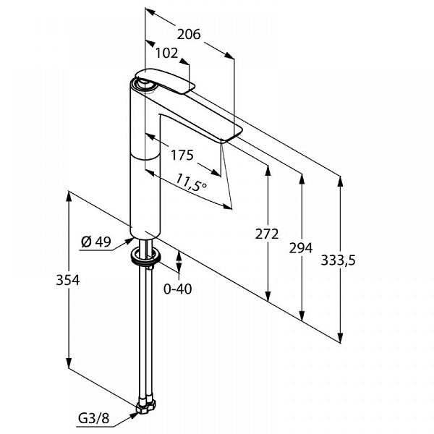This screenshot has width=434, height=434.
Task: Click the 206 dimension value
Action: click(189, 34)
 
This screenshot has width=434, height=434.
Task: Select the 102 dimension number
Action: click(166, 53)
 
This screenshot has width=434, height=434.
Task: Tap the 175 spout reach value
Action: click(182, 155)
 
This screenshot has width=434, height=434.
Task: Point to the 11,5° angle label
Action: click(191, 182)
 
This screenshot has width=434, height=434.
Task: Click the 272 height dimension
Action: click(266, 234)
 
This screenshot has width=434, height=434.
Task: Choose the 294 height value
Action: click(301, 247)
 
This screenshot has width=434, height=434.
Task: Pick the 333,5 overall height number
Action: click(338, 260)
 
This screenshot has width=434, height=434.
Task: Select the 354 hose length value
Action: click(68, 279)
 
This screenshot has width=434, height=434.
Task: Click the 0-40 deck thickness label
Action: click(178, 289)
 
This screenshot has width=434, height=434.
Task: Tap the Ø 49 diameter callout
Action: click(95, 242)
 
